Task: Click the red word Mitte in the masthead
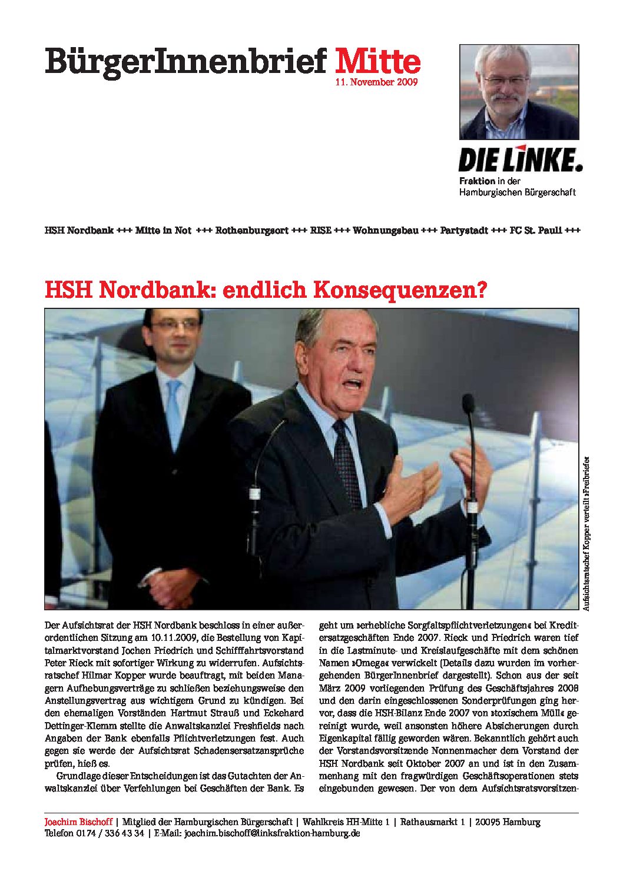click(x=377, y=62)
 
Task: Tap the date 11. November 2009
click(x=376, y=82)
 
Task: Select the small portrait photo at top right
click(x=519, y=92)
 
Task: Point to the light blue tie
click(x=174, y=406)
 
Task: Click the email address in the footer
click(x=271, y=833)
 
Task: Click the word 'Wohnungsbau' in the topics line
click(x=386, y=231)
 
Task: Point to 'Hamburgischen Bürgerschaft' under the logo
click(x=517, y=192)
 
